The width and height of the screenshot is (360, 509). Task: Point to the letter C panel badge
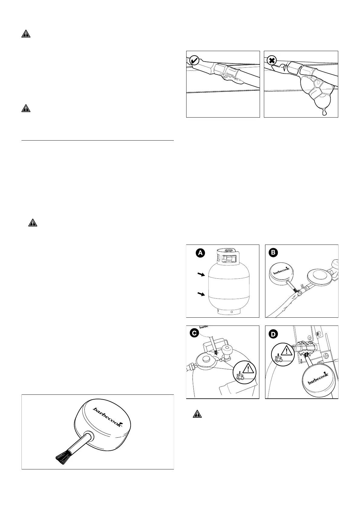pyautogui.click(x=193, y=333)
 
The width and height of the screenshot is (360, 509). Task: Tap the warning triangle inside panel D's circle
pyautogui.click(x=286, y=351)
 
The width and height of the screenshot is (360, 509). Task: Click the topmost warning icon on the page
pyautogui.click(x=26, y=34)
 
